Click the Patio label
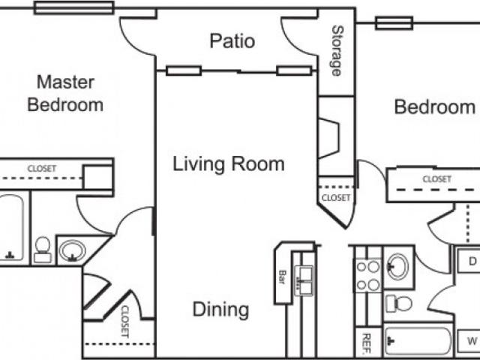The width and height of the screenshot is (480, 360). [232, 40]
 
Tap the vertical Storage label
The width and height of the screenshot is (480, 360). [337, 51]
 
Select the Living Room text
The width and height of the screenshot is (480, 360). [229, 163]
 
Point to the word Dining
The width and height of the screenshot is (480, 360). [220, 308]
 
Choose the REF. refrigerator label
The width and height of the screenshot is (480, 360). [367, 341]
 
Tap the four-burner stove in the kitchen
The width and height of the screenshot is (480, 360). [367, 275]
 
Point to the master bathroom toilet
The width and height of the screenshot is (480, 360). [43, 250]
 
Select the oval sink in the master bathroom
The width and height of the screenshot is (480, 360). [72, 250]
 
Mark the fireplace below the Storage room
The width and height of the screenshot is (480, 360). [328, 138]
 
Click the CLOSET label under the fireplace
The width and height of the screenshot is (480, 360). [335, 198]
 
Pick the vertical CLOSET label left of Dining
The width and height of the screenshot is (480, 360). [124, 321]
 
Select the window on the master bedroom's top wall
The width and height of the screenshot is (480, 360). [73, 7]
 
